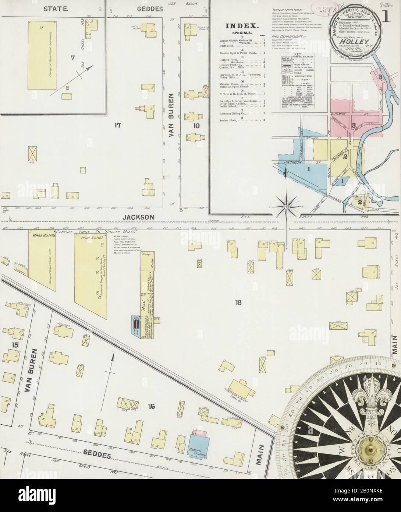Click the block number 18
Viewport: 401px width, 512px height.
[x=238, y=303]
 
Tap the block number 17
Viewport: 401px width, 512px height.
[x=117, y=126]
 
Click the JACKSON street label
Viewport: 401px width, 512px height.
[x=139, y=217]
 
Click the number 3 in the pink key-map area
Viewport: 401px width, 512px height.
[x=353, y=126]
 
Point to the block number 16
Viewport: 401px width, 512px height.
[x=151, y=407]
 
